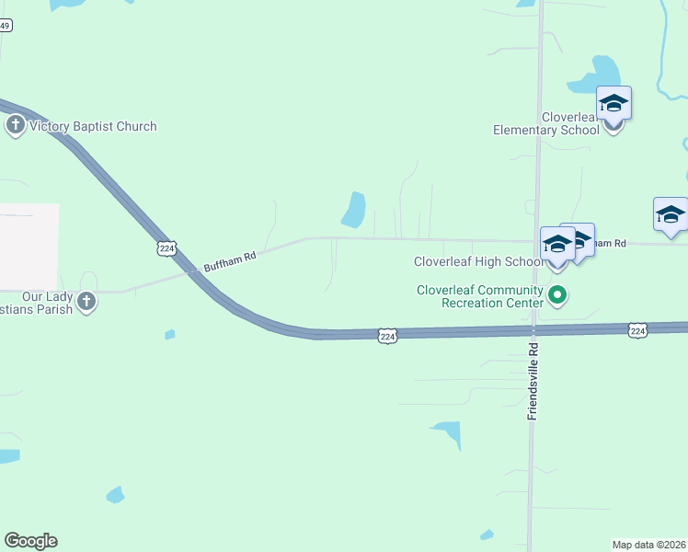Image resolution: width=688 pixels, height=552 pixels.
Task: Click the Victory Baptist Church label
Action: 93,126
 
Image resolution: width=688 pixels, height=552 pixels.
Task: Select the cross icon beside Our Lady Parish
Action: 86,301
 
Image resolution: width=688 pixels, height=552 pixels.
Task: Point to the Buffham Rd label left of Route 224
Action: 229,261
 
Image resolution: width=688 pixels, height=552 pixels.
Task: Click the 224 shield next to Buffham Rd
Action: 166,248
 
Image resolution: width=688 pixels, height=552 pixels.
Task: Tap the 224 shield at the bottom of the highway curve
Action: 387,338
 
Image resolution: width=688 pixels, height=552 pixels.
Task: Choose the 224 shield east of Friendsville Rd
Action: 636,329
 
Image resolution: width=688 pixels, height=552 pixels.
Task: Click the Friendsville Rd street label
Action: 533,379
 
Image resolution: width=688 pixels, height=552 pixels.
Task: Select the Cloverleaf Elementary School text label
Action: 546,123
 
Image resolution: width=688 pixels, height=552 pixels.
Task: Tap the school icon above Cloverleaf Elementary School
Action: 613,104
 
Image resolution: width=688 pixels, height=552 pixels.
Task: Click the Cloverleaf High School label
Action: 478,262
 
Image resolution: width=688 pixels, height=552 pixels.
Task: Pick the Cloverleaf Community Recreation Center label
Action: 479,295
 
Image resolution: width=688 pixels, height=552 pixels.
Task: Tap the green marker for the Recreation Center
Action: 557,295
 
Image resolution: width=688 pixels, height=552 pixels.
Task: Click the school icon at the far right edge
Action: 671,215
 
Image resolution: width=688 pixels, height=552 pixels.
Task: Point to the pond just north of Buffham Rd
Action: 354,210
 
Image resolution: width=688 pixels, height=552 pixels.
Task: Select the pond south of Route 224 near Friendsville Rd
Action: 449,432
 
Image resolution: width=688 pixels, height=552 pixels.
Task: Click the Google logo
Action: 30,541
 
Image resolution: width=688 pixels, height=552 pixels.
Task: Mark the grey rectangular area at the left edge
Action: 28,247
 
